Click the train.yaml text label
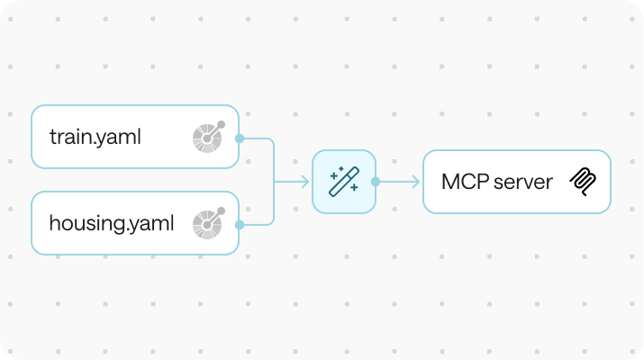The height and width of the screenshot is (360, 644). click(x=95, y=138)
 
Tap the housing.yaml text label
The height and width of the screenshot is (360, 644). click(x=112, y=223)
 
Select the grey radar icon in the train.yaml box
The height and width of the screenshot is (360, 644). click(x=206, y=137)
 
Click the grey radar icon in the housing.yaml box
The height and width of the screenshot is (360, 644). click(x=206, y=223)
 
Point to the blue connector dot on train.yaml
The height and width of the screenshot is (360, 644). click(x=239, y=139)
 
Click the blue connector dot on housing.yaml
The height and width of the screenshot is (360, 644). click(x=239, y=224)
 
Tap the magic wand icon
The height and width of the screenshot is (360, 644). click(x=344, y=181)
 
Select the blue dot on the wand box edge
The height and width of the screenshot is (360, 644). click(x=376, y=182)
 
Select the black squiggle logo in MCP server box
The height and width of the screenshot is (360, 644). click(x=581, y=182)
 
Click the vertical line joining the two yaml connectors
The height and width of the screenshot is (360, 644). click(x=273, y=182)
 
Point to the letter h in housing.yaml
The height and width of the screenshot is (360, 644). click(x=55, y=223)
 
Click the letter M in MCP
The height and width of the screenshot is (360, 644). click(x=449, y=182)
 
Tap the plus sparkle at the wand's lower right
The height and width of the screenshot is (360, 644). click(x=354, y=188)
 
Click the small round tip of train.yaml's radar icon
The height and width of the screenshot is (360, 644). click(x=221, y=125)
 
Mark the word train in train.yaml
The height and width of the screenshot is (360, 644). click(x=72, y=138)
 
